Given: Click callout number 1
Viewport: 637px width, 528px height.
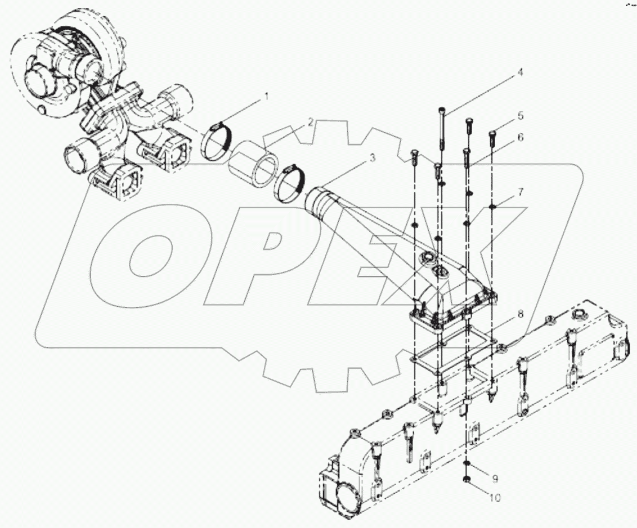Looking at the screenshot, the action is pos(266,97).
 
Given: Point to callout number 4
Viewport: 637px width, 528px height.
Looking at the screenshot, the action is pos(520,72).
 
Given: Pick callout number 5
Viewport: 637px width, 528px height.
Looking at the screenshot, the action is pos(521,115).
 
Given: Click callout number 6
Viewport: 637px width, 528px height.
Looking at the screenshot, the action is pos(521,137).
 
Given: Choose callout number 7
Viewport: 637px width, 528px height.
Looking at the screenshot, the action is pos(521,192).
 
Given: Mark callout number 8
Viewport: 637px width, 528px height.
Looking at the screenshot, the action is pos(521,314).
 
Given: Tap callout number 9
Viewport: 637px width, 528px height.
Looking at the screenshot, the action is pos(495,479).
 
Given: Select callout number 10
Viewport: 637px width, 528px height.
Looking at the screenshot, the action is pos(495,497).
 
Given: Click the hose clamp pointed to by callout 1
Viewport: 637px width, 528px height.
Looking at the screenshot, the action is pos(216,141).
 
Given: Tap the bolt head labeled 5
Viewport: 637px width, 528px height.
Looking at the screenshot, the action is pos(493,133).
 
